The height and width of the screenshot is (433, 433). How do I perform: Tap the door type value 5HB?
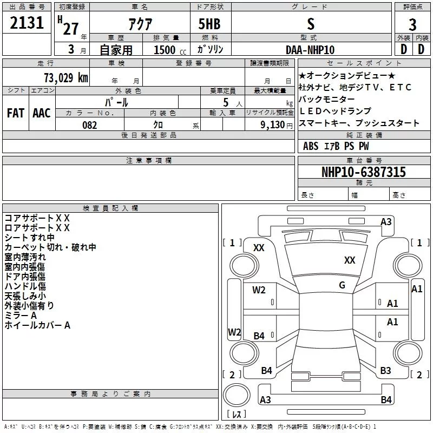209,25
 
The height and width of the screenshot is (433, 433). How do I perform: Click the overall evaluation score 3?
412,24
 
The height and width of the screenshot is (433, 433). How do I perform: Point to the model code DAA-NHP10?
310,50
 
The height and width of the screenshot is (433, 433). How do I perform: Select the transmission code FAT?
15,113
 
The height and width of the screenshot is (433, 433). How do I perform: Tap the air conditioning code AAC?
41,113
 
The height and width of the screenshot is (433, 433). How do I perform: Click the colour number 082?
89,125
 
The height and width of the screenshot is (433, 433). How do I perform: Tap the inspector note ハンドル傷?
25,286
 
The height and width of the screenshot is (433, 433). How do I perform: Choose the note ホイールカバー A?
37,325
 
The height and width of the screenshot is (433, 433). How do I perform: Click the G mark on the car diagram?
342,285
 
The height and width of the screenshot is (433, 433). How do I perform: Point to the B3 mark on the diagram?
385,371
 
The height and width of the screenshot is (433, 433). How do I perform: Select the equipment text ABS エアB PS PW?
336,146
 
